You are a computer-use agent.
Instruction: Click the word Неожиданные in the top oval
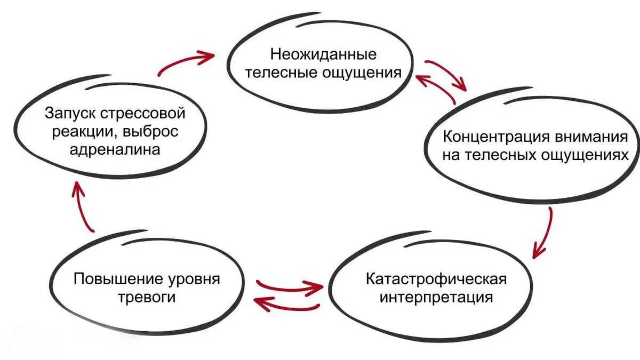[x=323, y=54]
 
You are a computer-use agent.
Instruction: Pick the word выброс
[x=150, y=131]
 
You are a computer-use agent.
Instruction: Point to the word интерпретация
[x=436, y=297]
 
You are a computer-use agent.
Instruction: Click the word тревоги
[x=146, y=297]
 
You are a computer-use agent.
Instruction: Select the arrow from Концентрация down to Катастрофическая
[x=544, y=231]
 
